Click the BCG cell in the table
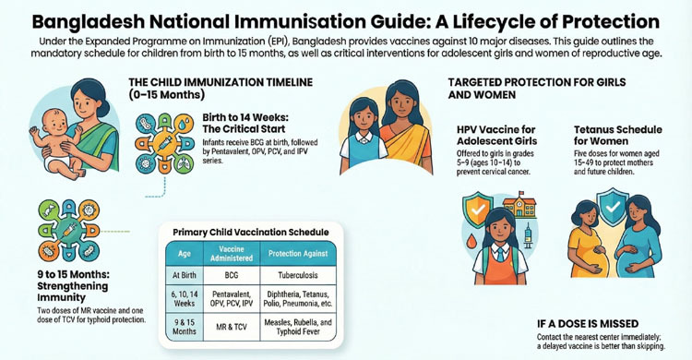pyautogui.click(x=231, y=275)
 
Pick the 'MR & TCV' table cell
pyautogui.click(x=231, y=326)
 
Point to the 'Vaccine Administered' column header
pyautogui.click(x=231, y=253)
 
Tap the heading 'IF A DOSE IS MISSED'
pyautogui.click(x=590, y=324)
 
